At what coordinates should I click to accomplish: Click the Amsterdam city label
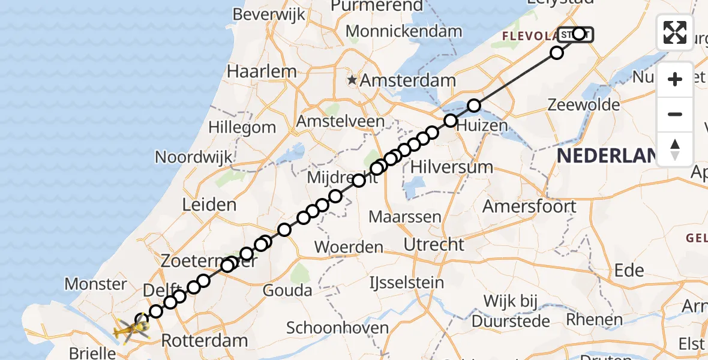tap(407, 80)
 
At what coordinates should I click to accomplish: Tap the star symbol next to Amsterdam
tap(352, 80)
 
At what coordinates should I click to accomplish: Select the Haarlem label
tap(262, 71)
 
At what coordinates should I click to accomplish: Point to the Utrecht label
tap(434, 244)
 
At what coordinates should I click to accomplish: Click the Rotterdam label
tap(204, 341)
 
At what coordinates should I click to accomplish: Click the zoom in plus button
tap(675, 79)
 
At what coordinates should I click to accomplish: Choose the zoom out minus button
tap(675, 114)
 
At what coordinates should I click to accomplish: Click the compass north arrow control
tap(675, 149)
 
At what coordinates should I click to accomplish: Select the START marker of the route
tap(575, 34)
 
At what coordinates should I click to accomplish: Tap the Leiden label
tap(209, 205)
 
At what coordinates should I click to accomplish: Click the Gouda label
tap(288, 291)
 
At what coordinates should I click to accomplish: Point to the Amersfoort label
tap(530, 206)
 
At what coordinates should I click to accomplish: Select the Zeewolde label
tap(584, 105)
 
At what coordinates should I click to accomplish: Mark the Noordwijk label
tap(193, 157)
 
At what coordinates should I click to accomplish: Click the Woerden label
tap(349, 247)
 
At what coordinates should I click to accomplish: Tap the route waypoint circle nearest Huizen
tap(451, 121)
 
